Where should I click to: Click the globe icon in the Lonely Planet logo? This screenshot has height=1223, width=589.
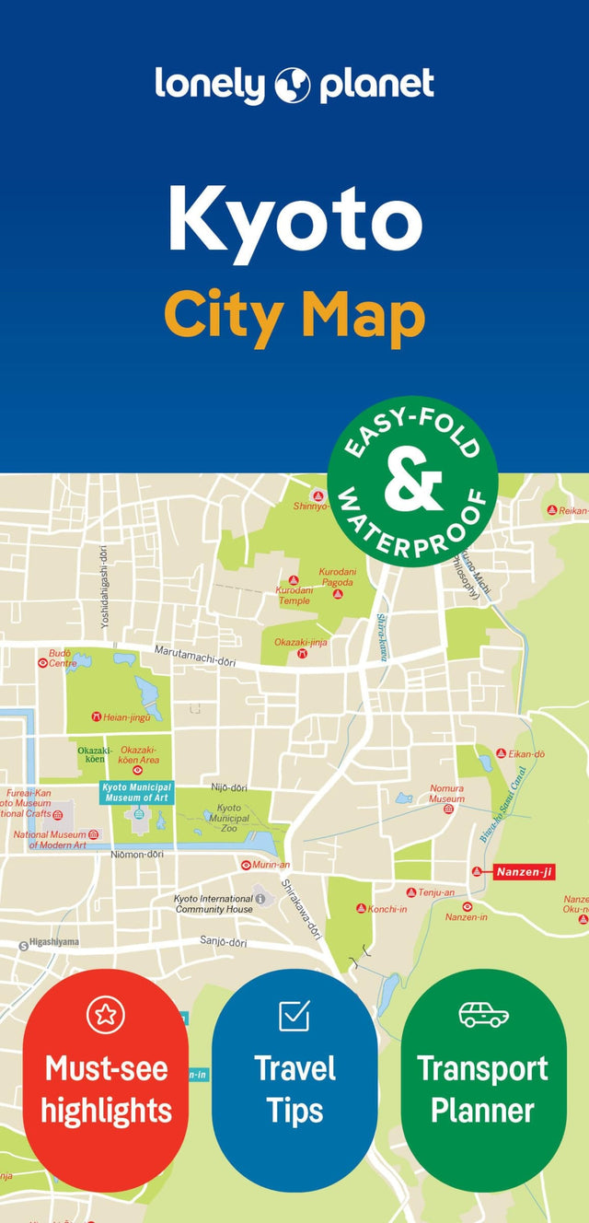pyautogui.click(x=294, y=85)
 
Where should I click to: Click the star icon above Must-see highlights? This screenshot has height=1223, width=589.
pyautogui.click(x=105, y=1015)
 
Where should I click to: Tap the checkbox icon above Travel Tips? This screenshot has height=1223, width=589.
pyautogui.click(x=294, y=1016)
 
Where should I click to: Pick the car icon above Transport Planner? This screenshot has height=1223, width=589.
pyautogui.click(x=483, y=1014)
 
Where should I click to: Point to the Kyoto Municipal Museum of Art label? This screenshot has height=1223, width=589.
pyautogui.click(x=136, y=792)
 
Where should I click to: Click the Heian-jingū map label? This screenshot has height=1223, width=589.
pyautogui.click(x=126, y=716)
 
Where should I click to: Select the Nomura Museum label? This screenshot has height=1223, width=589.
pyautogui.click(x=447, y=794)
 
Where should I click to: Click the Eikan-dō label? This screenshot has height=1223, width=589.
pyautogui.click(x=526, y=753)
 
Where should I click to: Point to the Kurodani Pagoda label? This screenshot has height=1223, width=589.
pyautogui.click(x=337, y=577)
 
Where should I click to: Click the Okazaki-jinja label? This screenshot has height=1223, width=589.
pyautogui.click(x=301, y=642)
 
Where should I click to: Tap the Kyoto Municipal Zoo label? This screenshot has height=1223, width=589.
pyautogui.click(x=228, y=817)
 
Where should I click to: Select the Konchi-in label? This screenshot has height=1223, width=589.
pyautogui.click(x=387, y=908)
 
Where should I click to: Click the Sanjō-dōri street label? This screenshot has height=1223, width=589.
pyautogui.click(x=224, y=942)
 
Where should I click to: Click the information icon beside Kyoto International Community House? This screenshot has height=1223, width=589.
pyautogui.click(x=260, y=898)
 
